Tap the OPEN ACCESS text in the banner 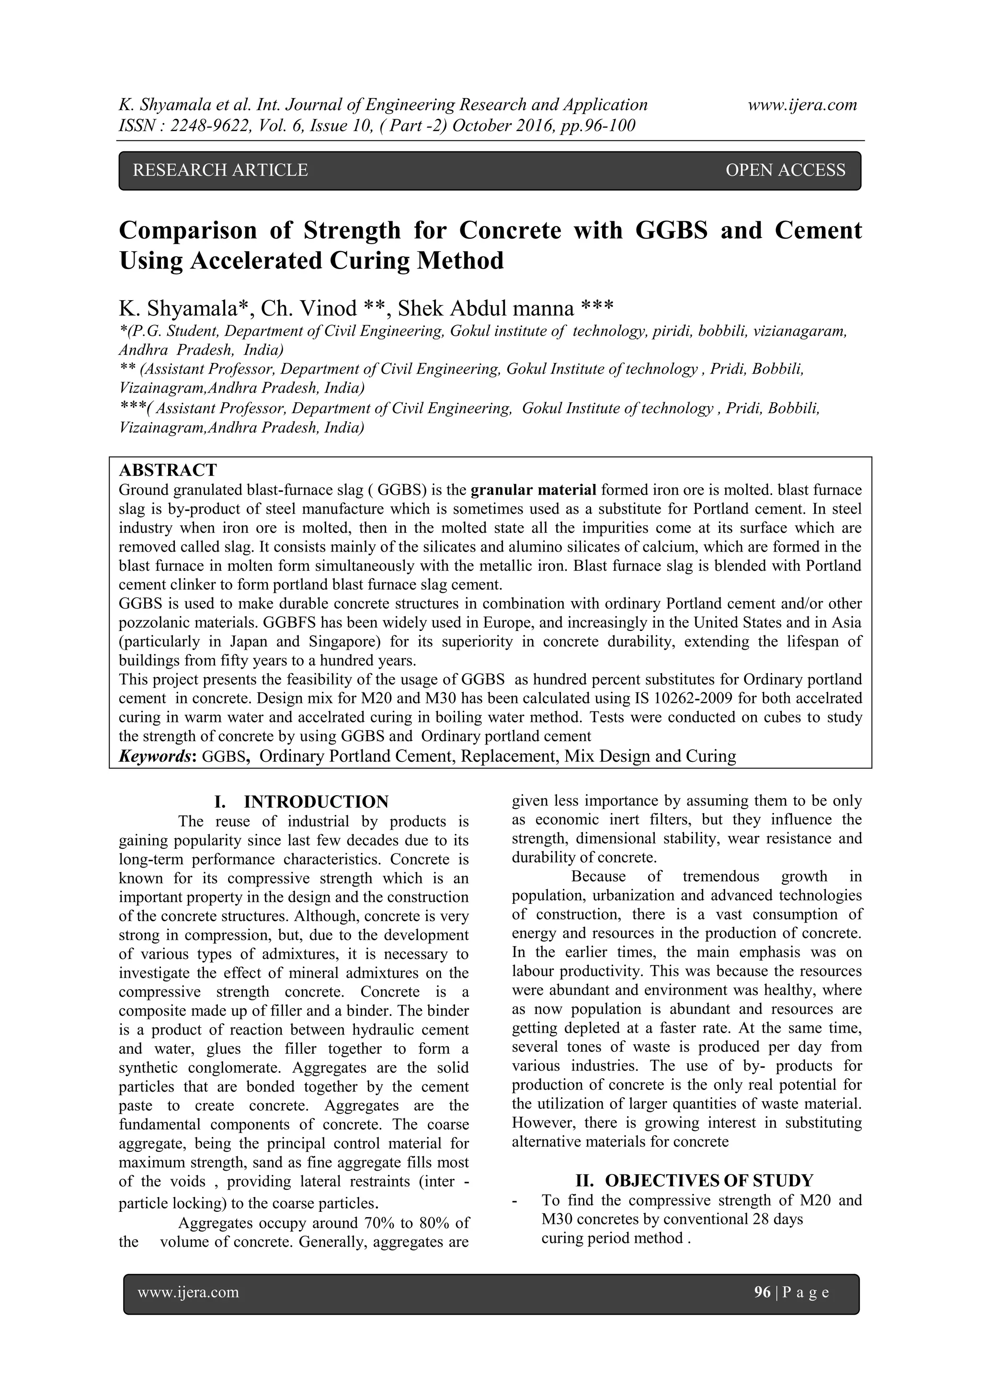785,170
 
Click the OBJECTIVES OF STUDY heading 709,1180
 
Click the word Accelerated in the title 257,261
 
